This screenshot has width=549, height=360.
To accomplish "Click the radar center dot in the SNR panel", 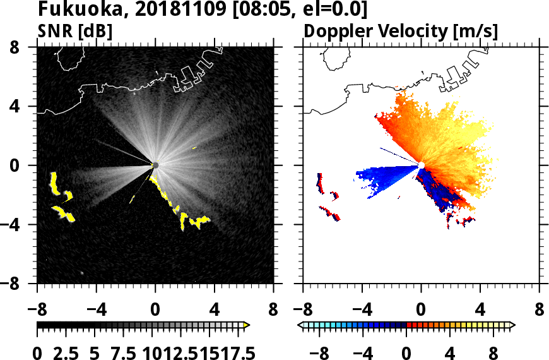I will pyautogui.click(x=155, y=165).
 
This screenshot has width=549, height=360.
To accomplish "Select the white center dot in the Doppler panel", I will pyautogui.click(x=421, y=165).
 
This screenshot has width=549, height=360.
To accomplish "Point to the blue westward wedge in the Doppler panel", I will pyautogui.click(x=385, y=174).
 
